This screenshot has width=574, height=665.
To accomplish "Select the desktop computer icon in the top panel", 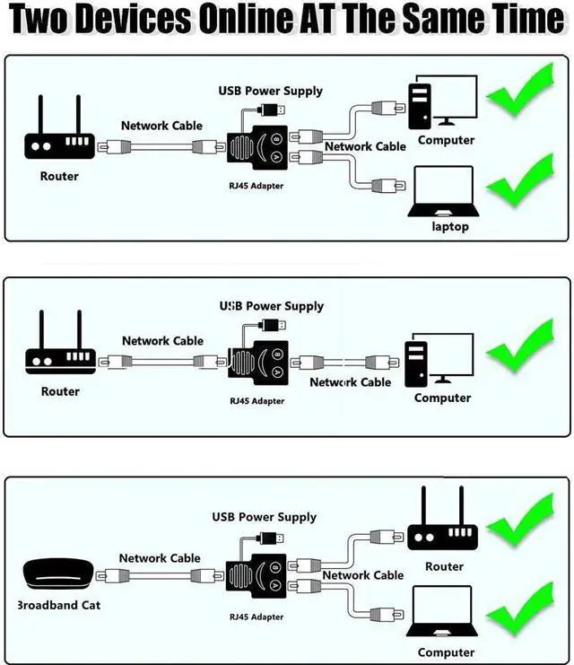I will tap(445, 105).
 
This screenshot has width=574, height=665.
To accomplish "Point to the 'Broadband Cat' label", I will tap(59, 605).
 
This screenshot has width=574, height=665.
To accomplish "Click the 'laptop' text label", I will tap(450, 227).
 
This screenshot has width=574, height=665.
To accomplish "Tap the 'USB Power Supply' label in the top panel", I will tap(271, 91).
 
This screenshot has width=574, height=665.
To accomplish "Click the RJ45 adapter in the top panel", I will tap(256, 148).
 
